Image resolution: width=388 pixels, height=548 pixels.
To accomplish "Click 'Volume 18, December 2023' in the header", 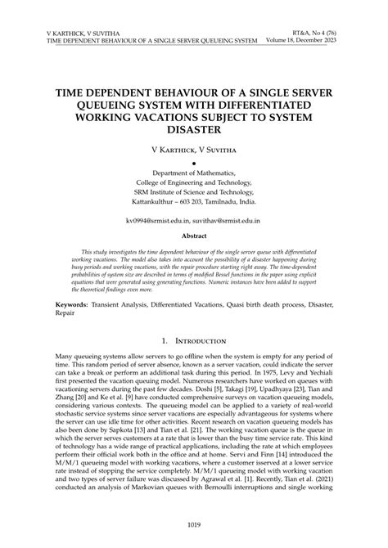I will tap(302, 39).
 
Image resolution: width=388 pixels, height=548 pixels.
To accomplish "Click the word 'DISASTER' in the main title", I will tap(193, 128).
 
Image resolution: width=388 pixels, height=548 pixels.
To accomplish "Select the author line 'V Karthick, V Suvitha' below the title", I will tap(193, 150).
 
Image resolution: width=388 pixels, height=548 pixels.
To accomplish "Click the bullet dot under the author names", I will tap(194, 164).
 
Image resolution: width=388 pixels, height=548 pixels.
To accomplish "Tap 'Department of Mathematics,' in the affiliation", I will tap(193, 174).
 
